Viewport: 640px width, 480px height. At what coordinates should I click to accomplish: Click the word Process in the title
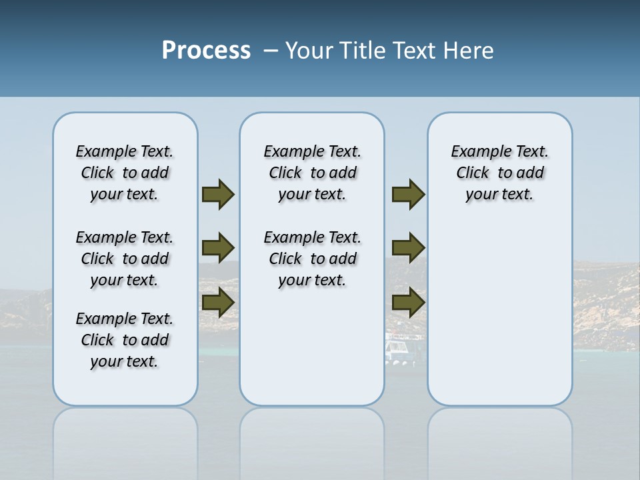pyautogui.click(x=206, y=51)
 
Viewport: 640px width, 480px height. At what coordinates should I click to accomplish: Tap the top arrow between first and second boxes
pyautogui.click(x=218, y=195)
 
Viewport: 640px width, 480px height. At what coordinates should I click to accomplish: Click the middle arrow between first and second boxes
pyautogui.click(x=218, y=248)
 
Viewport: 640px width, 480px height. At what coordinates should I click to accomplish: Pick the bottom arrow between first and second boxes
pyautogui.click(x=218, y=303)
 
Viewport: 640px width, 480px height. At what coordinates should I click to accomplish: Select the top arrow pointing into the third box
pyautogui.click(x=408, y=195)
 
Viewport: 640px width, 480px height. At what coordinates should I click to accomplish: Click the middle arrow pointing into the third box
pyautogui.click(x=408, y=248)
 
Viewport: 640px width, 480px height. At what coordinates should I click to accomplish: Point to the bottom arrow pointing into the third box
pyautogui.click(x=408, y=303)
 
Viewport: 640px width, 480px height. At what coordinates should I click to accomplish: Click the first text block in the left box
pyautogui.click(x=125, y=173)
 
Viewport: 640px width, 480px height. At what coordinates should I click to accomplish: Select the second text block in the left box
pyautogui.click(x=125, y=259)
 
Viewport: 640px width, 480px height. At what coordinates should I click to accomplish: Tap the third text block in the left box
pyautogui.click(x=125, y=340)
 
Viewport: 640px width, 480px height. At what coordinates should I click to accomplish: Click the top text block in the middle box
pyautogui.click(x=312, y=173)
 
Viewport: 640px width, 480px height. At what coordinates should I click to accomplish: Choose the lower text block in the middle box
pyautogui.click(x=312, y=259)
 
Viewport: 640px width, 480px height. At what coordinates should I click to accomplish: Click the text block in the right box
pyautogui.click(x=499, y=173)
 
